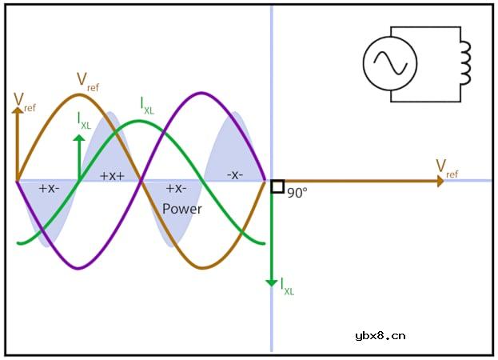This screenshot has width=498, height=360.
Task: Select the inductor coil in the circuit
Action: [466, 63]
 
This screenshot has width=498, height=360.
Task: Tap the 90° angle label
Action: [297, 193]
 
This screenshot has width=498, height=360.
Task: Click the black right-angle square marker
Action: [277, 186]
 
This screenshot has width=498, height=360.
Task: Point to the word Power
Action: [182, 209]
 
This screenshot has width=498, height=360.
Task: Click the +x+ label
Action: [113, 176]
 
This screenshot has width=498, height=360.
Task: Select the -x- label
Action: [235, 174]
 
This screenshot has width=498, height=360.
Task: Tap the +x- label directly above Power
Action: [177, 189]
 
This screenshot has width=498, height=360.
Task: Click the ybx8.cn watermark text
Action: [380, 336]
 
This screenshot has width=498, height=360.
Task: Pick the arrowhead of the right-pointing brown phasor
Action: [440, 181]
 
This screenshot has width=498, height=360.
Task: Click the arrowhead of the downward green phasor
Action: [272, 282]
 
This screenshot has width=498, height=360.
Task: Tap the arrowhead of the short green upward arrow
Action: [79, 138]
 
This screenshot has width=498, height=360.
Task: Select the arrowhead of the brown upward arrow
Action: [18, 110]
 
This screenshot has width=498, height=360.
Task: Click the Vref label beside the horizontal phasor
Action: [447, 169]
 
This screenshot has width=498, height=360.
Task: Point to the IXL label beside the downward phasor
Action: [288, 286]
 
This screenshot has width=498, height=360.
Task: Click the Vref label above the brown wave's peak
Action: [88, 82]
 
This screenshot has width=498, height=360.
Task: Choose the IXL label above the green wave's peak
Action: [147, 105]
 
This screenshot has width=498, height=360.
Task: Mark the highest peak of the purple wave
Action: [201, 93]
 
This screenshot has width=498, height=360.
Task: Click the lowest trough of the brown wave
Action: [203, 268]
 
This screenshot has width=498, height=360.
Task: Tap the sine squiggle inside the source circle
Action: [390, 62]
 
